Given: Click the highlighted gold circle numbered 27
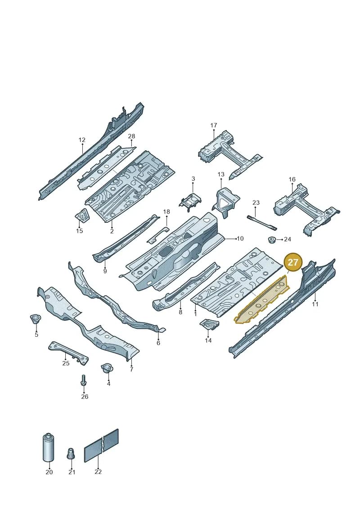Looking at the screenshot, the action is (293, 261).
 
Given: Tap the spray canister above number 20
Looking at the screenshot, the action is (48, 447).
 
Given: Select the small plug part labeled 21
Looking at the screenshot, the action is (71, 454).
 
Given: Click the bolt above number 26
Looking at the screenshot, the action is (84, 380).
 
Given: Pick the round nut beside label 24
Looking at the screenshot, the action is (272, 240).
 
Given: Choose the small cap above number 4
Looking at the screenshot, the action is (107, 369).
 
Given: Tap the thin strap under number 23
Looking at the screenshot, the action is (261, 222).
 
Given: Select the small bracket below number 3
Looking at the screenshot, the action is (190, 200).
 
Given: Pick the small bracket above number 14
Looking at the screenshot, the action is (209, 324).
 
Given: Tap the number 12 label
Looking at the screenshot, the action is (82, 140).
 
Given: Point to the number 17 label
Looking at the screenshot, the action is (213, 125).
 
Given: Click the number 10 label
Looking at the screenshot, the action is (240, 239).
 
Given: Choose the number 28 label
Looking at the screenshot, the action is (131, 136).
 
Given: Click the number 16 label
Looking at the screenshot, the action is (292, 180).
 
